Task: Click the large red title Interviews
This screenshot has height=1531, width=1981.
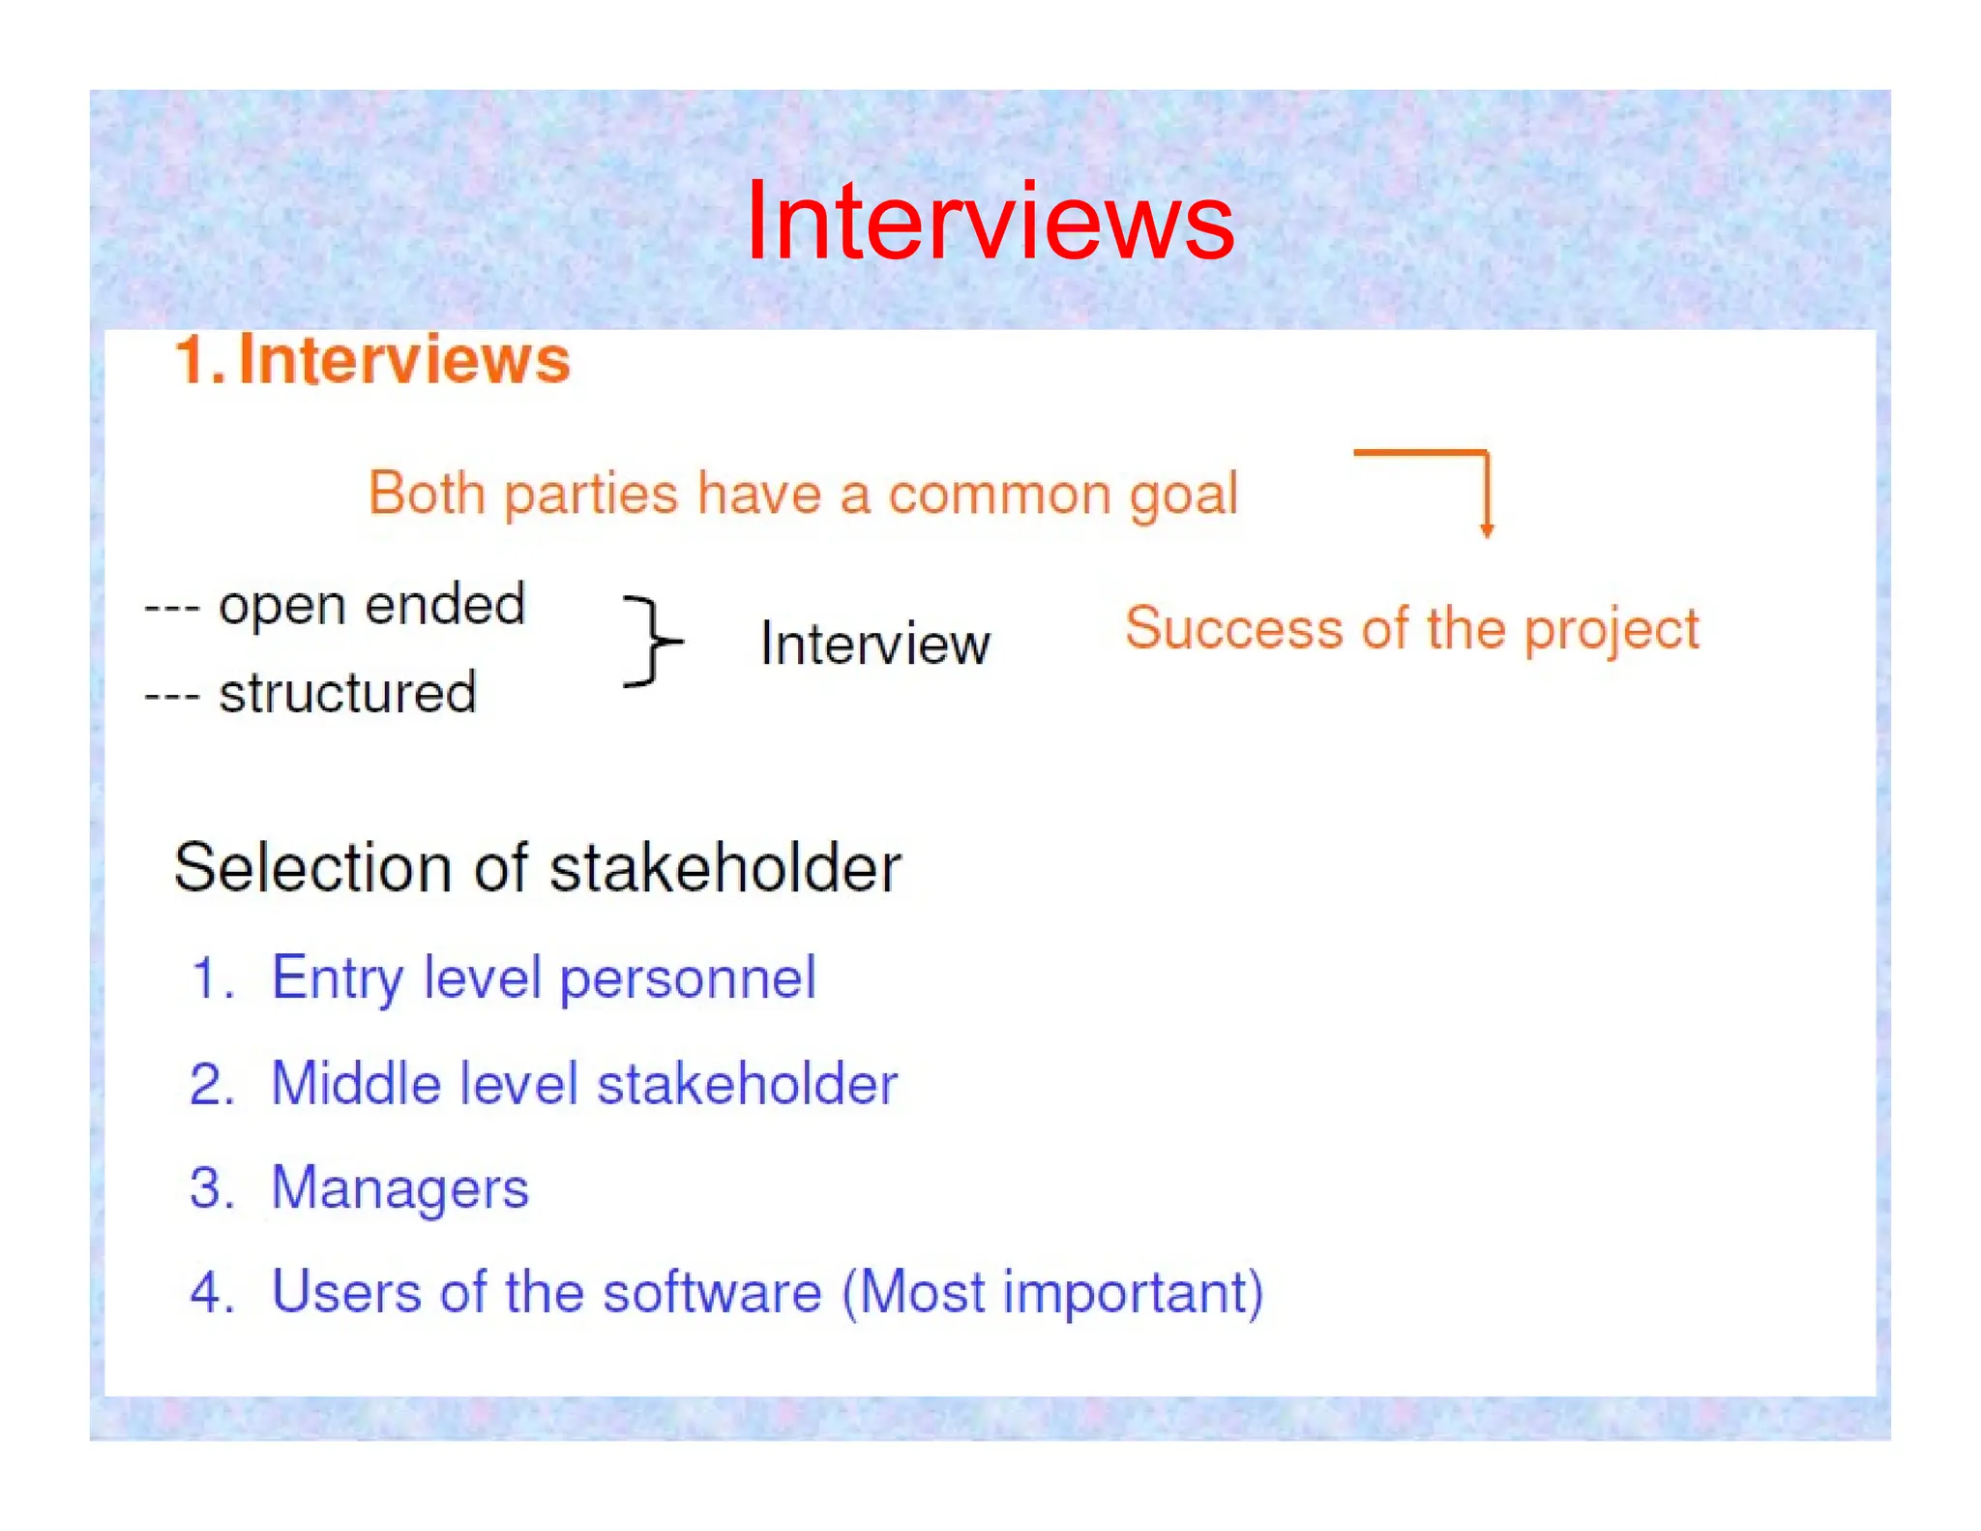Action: [990, 222]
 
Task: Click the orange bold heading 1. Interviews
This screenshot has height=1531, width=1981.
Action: [372, 360]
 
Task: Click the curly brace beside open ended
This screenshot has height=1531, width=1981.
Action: [653, 641]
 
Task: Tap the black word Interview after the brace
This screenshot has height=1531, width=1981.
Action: [875, 644]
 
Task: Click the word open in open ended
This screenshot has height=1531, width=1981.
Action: [281, 607]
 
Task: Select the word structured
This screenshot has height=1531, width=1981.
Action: [348, 693]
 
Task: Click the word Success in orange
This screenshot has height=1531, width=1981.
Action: [1233, 628]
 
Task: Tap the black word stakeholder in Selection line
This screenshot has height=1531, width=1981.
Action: [725, 867]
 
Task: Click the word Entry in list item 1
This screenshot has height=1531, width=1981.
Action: [337, 978]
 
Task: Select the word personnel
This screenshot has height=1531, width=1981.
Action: [688, 978]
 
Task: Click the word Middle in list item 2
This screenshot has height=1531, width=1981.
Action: [354, 1083]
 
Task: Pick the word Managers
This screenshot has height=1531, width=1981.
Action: [400, 1187]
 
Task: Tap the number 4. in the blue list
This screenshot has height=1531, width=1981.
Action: [212, 1292]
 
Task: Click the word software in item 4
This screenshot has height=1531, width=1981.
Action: [712, 1292]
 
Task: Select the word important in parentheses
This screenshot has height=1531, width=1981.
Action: [1127, 1292]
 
